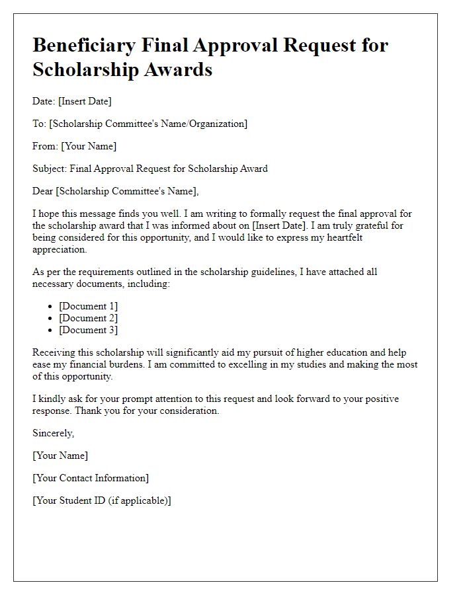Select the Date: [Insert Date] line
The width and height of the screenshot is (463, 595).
[x=72, y=101]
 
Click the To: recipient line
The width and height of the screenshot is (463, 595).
[x=140, y=124]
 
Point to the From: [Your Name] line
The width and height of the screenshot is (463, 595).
[x=74, y=146]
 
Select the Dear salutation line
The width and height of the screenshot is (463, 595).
[x=115, y=191]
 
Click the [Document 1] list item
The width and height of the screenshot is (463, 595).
[x=88, y=306]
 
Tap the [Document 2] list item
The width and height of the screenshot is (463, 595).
[x=88, y=318]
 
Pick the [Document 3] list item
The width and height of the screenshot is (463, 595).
[x=88, y=330]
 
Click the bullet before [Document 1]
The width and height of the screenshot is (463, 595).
[x=51, y=307]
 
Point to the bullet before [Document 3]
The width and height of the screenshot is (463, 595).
[x=51, y=331]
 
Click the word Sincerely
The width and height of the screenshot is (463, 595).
[x=53, y=433]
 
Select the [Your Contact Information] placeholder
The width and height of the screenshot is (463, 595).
[x=91, y=478]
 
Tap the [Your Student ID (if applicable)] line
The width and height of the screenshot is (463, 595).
[x=102, y=500]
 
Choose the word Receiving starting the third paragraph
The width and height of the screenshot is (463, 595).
[x=55, y=352]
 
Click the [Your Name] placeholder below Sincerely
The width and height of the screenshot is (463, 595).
[x=60, y=456]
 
